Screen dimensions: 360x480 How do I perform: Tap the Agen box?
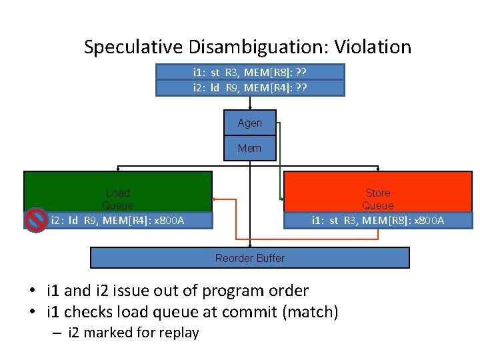[x=250, y=123]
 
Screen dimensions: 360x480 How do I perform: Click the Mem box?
[x=250, y=148]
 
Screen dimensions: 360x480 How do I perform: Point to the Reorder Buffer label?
[x=250, y=258]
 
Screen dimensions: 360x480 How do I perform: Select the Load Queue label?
[x=118, y=199]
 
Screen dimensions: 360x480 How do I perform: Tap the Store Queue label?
[x=378, y=199]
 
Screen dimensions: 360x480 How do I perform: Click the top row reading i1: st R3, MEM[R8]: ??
[x=250, y=72]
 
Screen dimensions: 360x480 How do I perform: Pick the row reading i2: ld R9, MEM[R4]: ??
[x=250, y=87]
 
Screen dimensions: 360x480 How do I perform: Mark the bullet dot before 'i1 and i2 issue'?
[x=32, y=291]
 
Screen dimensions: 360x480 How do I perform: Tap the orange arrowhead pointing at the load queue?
[x=214, y=199]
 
